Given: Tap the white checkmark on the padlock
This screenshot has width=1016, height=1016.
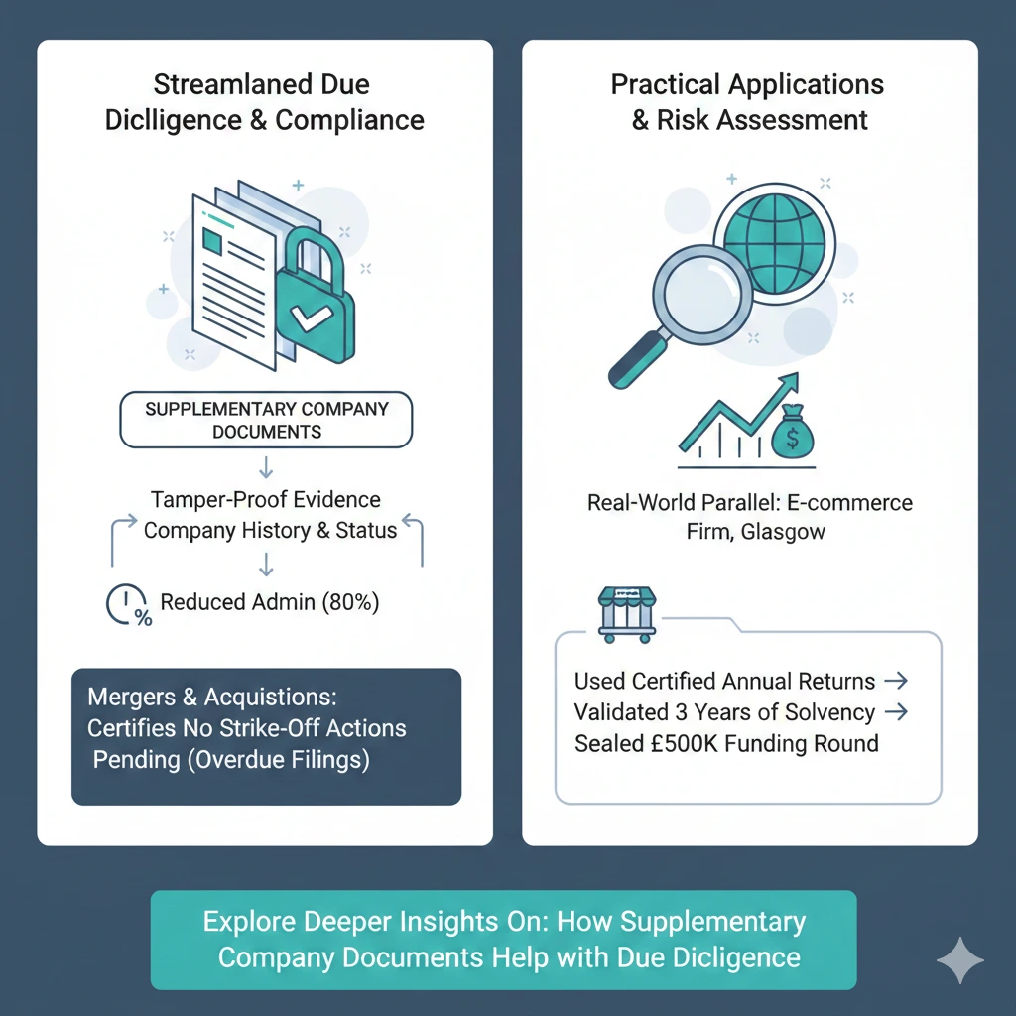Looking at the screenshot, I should [309, 320].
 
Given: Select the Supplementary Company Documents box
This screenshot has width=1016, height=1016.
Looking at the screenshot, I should [266, 420].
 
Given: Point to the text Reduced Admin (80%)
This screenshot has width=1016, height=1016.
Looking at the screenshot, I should [269, 601].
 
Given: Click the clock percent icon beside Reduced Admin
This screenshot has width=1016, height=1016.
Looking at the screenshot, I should [127, 605].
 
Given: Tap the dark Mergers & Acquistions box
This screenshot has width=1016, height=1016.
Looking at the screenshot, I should [266, 735].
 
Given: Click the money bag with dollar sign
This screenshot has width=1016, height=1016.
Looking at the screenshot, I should [794, 434].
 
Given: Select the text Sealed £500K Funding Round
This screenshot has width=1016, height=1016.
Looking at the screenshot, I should [726, 743].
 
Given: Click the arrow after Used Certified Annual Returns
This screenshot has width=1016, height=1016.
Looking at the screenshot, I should [894, 681].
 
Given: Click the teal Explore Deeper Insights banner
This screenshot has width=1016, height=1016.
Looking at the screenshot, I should [503, 939].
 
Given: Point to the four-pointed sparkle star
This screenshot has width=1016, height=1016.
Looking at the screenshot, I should [959, 960].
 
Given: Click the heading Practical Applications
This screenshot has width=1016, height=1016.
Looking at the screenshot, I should [746, 84].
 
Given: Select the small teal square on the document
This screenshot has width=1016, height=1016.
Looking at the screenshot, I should [212, 239].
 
